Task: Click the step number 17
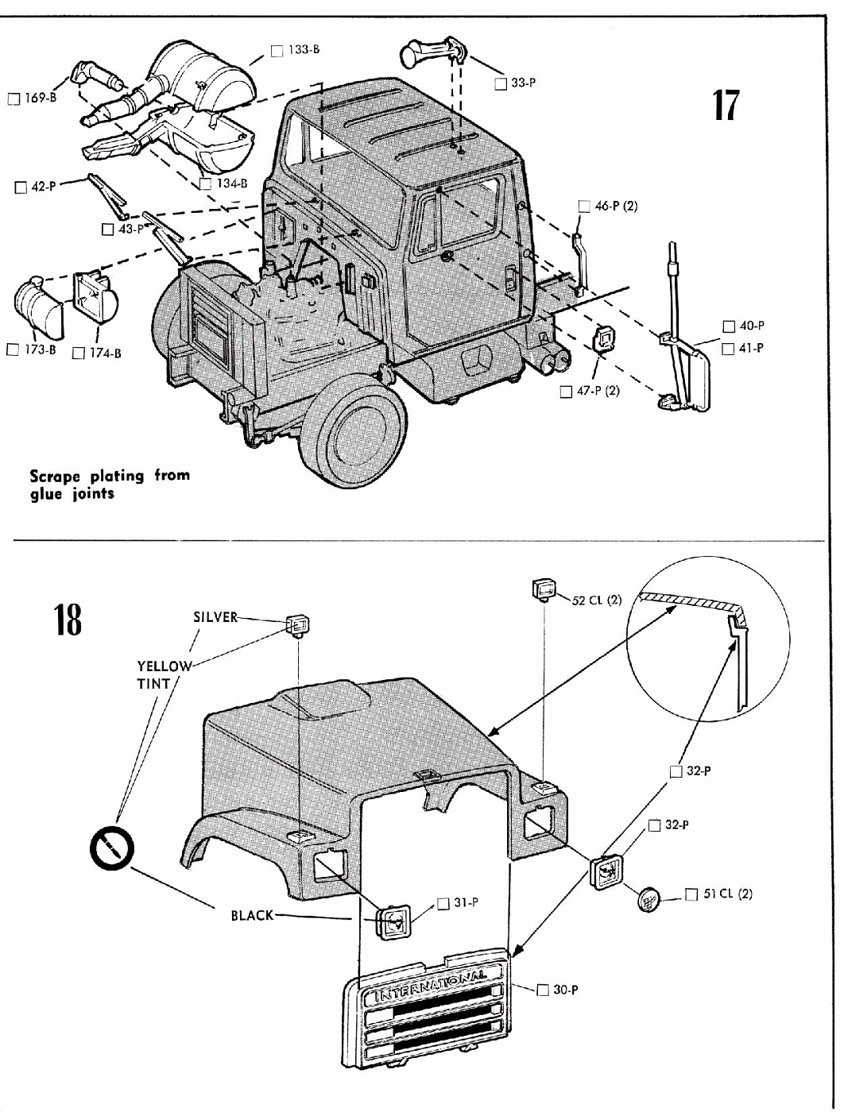724,105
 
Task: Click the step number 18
68,620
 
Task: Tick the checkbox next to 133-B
277,51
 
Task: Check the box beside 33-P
500,83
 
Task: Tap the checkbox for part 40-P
729,326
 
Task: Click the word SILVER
215,617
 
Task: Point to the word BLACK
252,915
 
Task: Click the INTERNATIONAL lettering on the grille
429,986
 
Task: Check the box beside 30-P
543,990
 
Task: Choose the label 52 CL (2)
596,600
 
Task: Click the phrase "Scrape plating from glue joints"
110,485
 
